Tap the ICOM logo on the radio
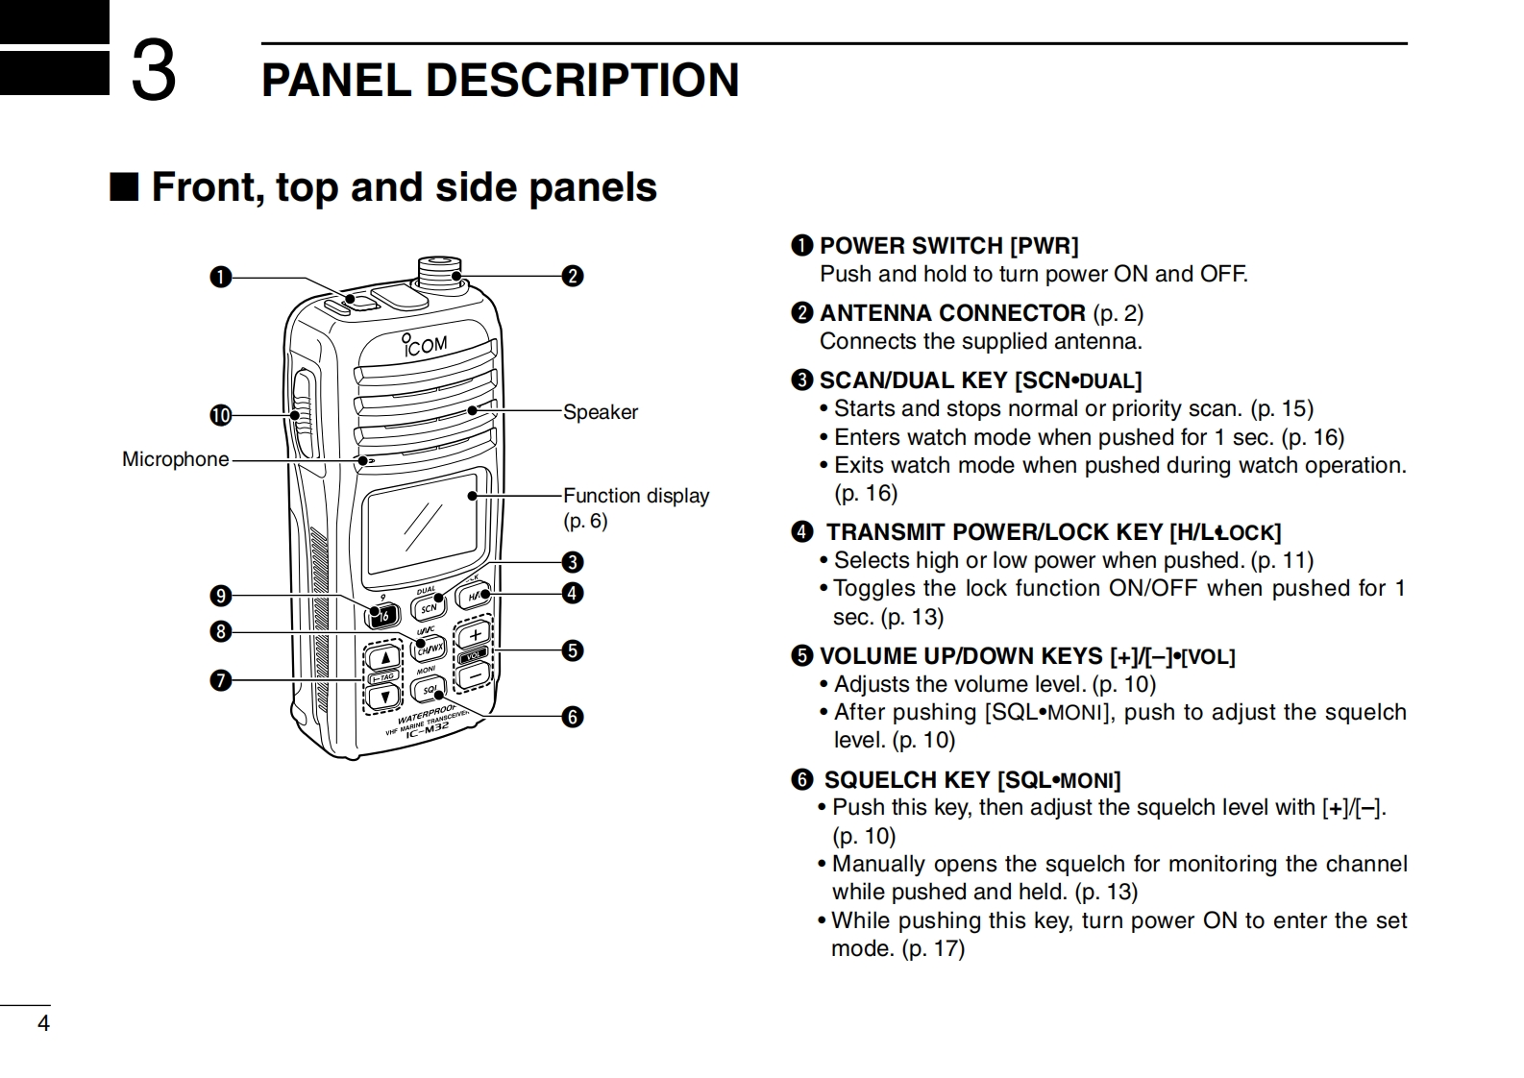point(426,344)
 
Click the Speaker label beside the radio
point(600,412)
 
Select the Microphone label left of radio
point(175,459)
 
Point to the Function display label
point(635,496)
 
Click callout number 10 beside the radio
point(221,415)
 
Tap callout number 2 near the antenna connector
point(573,276)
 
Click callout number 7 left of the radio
point(221,680)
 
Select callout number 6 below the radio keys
point(573,717)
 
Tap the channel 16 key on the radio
point(384,616)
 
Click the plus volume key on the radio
point(475,635)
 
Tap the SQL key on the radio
point(429,689)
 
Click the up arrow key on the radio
point(384,658)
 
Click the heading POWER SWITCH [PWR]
point(947,246)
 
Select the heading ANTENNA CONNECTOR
point(951,313)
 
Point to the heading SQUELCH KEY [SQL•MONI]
point(971,780)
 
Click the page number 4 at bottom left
point(43,1023)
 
